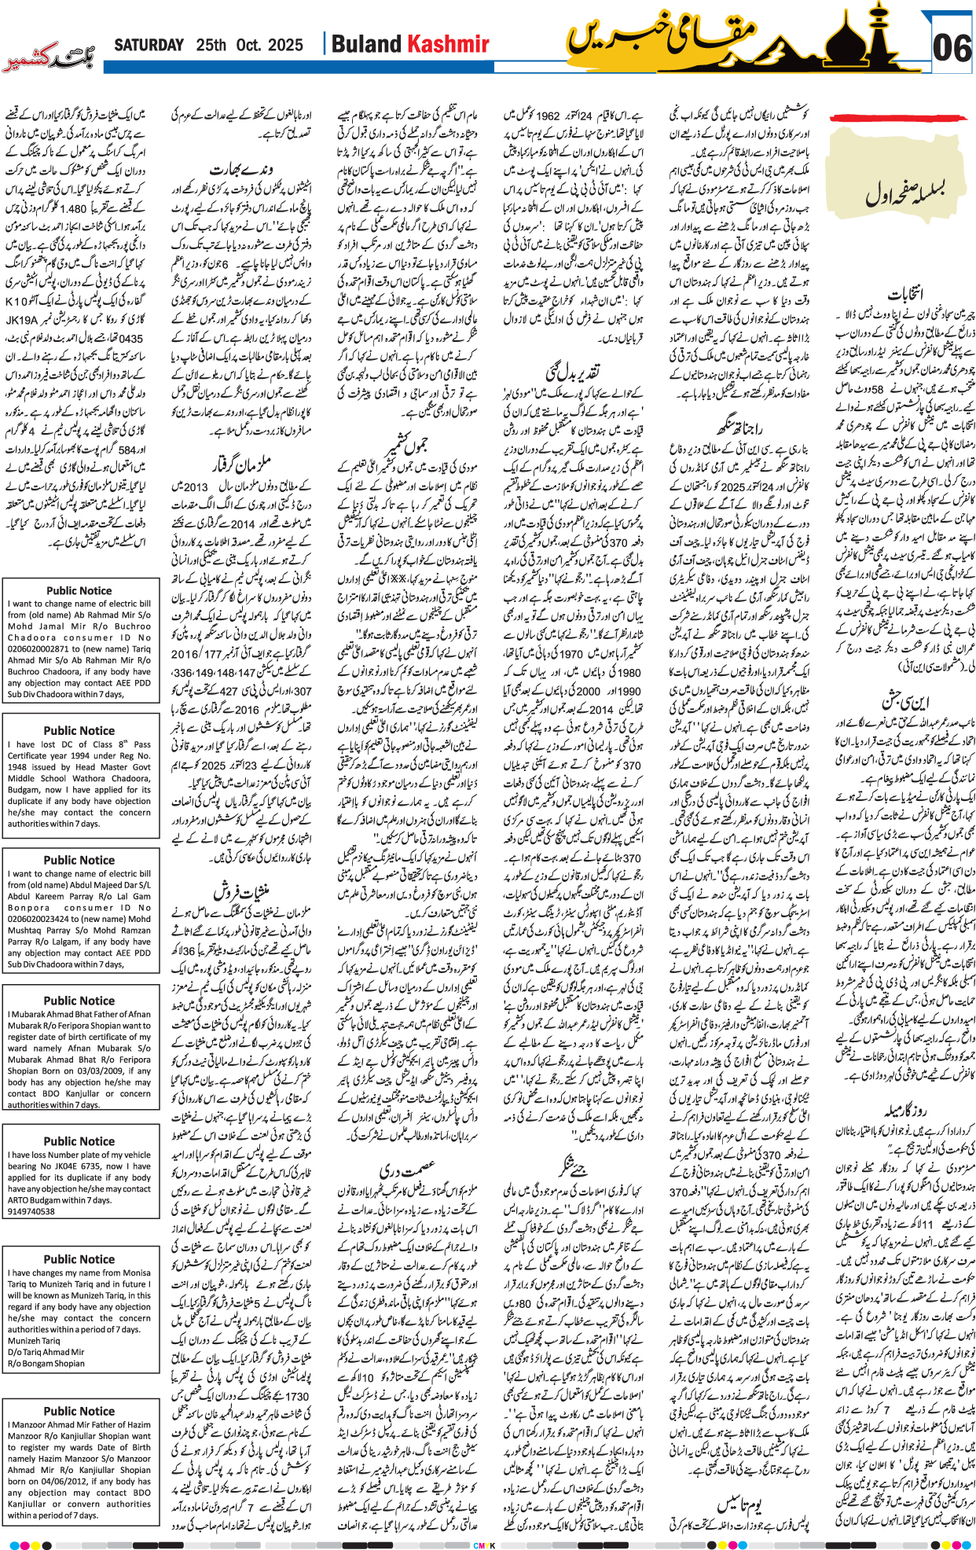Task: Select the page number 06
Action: pyautogui.click(x=952, y=48)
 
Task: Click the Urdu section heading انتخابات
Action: pyautogui.click(x=904, y=294)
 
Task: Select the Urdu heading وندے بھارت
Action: pyautogui.click(x=240, y=168)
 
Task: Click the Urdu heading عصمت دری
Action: pyautogui.click(x=406, y=1168)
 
